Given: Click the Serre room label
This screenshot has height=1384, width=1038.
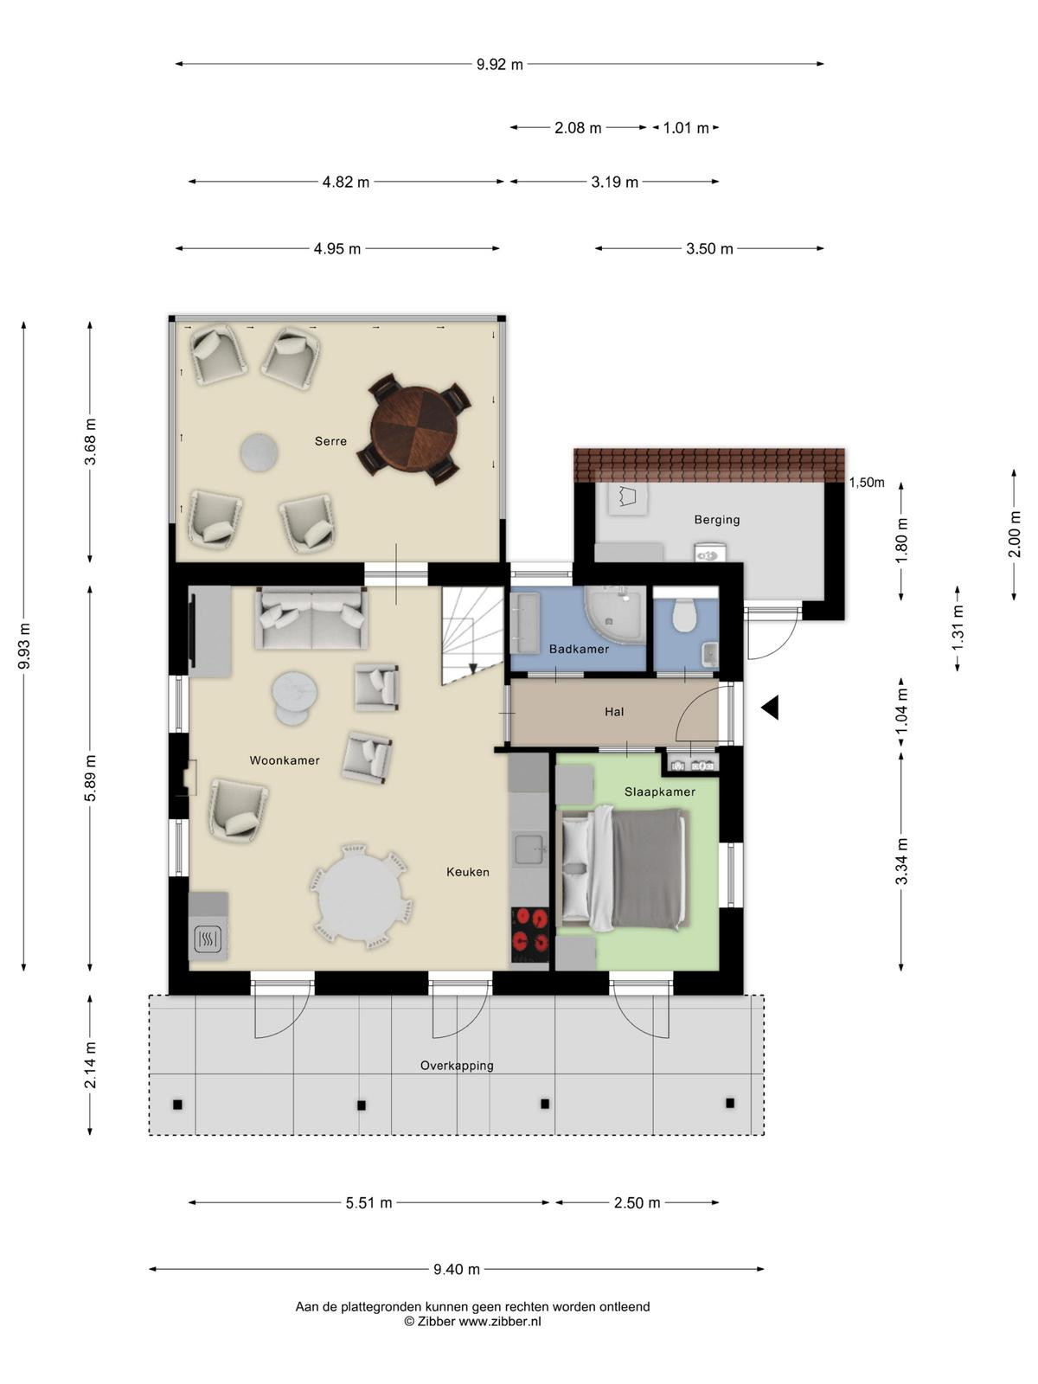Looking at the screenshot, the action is pyautogui.click(x=330, y=441).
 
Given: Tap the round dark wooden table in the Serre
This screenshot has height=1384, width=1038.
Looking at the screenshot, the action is pyautogui.click(x=414, y=429).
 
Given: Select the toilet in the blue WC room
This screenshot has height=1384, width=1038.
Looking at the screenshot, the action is pyautogui.click(x=683, y=614).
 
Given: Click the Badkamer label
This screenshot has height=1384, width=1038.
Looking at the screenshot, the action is pyautogui.click(x=579, y=649).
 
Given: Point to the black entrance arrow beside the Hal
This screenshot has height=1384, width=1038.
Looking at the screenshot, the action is pyautogui.click(x=770, y=708).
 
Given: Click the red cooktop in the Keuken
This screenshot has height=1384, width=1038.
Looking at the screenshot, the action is pyautogui.click(x=529, y=934).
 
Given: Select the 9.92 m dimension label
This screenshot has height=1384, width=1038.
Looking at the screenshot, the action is pyautogui.click(x=499, y=64).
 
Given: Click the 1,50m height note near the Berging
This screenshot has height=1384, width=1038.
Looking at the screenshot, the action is pyautogui.click(x=867, y=483).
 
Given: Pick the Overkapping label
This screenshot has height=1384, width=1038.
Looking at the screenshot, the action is pyautogui.click(x=457, y=1066).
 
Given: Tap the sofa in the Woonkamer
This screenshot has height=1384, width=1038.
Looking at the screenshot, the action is pyautogui.click(x=311, y=618).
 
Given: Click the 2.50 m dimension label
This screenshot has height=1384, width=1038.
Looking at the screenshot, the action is pyautogui.click(x=638, y=1203).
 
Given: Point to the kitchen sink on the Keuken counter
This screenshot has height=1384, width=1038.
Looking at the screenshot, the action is pyautogui.click(x=529, y=849).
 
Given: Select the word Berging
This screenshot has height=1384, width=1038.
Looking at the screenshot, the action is pyautogui.click(x=716, y=520).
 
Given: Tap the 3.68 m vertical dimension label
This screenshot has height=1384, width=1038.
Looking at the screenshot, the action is pyautogui.click(x=91, y=441).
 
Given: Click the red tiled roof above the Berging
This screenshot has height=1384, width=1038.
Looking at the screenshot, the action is pyautogui.click(x=709, y=465).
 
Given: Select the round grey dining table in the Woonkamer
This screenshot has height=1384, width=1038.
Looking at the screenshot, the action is pyautogui.click(x=361, y=897).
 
